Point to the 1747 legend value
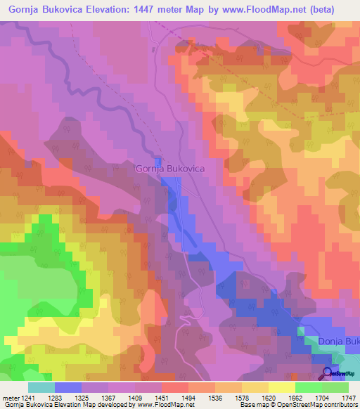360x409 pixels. [349, 397]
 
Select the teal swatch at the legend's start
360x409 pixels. [41, 387]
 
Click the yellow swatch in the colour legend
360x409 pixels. [281, 387]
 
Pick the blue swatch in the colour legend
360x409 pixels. [67, 387]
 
